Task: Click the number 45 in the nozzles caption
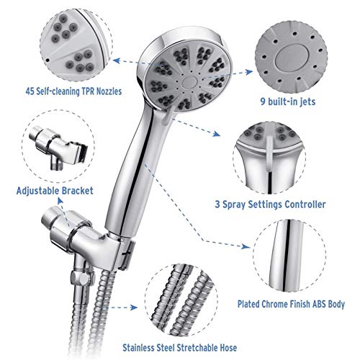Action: (30, 91)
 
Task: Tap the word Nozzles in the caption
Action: (109, 91)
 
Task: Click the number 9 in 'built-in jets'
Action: (263, 102)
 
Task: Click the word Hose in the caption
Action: (228, 348)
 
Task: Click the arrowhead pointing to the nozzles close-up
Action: (117, 60)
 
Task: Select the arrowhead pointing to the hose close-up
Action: (133, 307)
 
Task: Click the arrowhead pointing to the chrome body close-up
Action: (246, 246)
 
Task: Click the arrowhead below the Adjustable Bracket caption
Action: (60, 201)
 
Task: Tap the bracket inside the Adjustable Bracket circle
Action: (58, 147)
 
